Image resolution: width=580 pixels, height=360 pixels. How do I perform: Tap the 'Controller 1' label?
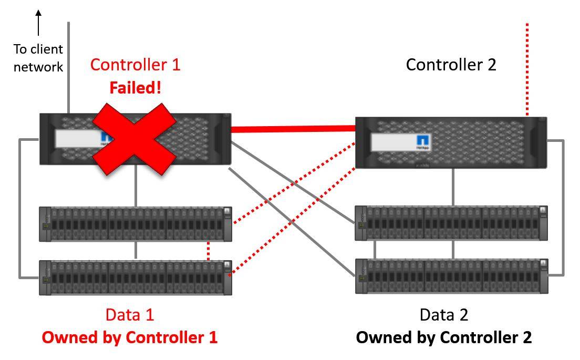135,65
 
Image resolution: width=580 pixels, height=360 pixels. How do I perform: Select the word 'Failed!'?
135,88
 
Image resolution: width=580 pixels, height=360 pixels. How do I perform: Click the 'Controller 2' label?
451,65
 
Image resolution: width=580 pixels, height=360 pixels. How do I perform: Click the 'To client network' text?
38,58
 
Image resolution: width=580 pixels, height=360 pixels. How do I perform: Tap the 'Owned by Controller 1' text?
129,337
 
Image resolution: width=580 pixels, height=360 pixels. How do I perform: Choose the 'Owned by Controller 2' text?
444,337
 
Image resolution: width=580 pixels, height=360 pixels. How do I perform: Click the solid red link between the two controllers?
293,128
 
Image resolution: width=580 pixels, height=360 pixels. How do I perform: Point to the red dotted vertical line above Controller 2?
527,68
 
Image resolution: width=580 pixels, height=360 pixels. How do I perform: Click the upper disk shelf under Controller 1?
136,224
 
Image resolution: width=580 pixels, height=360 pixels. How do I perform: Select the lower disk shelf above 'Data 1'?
136,276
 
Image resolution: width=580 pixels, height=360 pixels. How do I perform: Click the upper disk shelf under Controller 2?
451,223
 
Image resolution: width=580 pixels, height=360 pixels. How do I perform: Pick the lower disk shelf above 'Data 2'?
451,275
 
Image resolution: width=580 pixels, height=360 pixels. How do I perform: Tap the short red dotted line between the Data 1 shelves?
209,251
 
